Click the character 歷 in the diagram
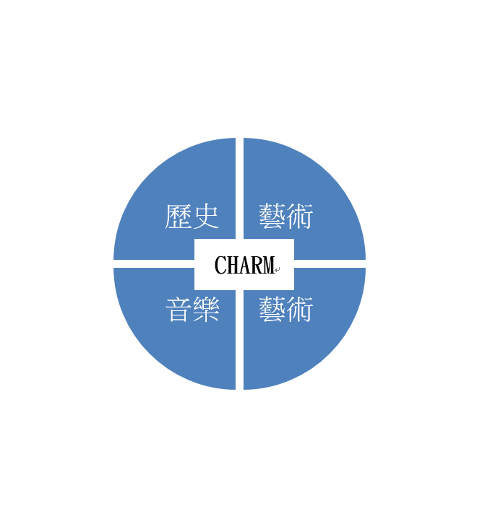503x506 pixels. [x=178, y=217]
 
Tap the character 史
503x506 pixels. [x=206, y=217]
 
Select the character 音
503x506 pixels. [x=178, y=309]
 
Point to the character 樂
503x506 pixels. [x=206, y=309]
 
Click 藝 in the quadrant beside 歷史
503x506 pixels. [x=272, y=217]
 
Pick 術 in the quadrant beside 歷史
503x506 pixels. [x=300, y=217]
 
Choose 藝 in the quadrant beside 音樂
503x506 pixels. [x=272, y=309]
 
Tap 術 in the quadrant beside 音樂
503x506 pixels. [x=300, y=309]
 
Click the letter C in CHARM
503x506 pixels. [x=220, y=265]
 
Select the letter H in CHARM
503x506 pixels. [x=232, y=265]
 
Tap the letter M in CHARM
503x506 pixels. [x=267, y=265]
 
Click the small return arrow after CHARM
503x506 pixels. [x=278, y=269]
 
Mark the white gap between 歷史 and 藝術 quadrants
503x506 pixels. [x=239, y=188]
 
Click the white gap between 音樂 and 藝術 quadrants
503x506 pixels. [x=239, y=340]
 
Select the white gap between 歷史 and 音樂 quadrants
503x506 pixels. [x=154, y=263]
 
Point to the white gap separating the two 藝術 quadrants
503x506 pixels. [x=330, y=263]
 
